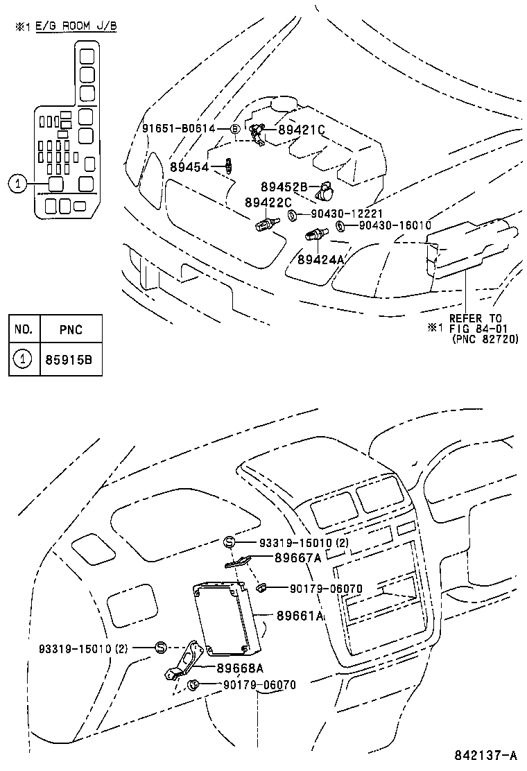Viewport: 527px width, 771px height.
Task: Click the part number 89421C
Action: [x=302, y=130]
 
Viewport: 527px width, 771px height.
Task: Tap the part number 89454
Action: [x=189, y=166]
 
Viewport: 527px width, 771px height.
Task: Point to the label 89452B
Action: [x=284, y=187]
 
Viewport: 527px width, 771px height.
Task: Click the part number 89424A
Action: [x=321, y=259]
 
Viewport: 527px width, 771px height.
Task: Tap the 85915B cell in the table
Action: [x=71, y=359]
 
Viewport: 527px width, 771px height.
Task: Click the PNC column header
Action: [x=71, y=329]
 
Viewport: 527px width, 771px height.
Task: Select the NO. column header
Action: [x=24, y=329]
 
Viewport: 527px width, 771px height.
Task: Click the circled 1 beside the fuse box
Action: [x=18, y=184]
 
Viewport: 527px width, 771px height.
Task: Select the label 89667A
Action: [x=298, y=557]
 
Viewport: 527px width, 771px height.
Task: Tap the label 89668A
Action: [x=239, y=668]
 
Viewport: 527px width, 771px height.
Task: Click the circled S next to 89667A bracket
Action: [x=230, y=542]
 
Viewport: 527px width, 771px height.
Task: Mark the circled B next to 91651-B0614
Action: [x=234, y=129]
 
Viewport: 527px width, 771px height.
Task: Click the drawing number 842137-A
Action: [x=486, y=754]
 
